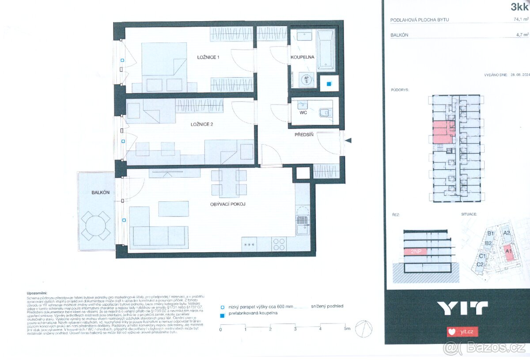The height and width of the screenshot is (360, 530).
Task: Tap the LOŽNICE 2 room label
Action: (x=201, y=125)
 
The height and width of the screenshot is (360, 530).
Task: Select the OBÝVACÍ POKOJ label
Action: (x=228, y=204)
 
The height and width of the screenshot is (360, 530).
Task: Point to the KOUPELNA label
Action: (x=302, y=57)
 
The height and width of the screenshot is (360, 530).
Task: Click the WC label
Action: (x=303, y=113)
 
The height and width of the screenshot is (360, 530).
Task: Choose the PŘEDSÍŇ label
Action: (x=304, y=135)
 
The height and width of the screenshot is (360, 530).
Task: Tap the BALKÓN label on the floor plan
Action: (x=101, y=193)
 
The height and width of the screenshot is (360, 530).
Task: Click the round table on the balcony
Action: (x=96, y=225)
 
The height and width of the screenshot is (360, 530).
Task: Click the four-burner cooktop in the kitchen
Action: (x=279, y=244)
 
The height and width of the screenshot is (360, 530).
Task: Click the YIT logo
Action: (x=462, y=308)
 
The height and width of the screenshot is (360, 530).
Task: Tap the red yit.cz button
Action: (x=462, y=331)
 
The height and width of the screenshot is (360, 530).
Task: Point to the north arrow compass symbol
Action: (x=364, y=329)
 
